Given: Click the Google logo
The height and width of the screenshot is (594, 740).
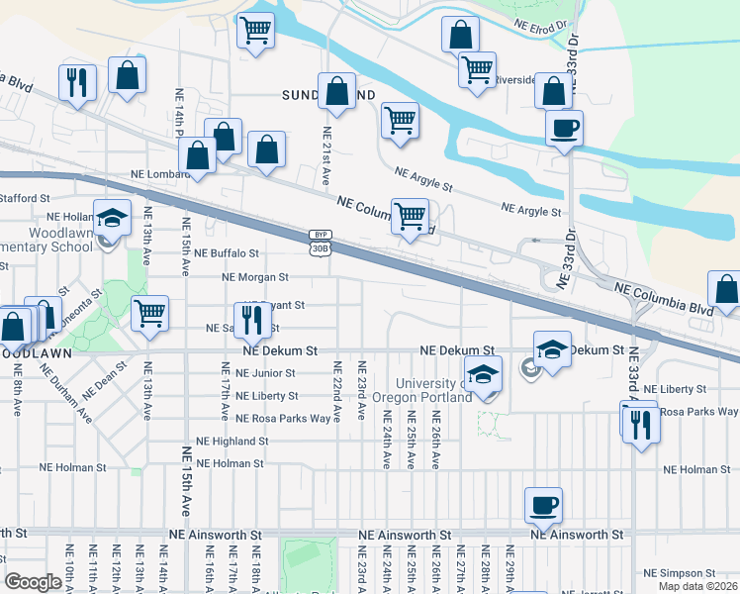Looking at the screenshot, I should click(x=34, y=582).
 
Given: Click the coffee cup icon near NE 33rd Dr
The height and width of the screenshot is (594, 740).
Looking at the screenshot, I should click(x=564, y=129).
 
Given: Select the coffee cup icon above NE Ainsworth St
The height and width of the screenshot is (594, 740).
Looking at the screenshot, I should click(x=543, y=506).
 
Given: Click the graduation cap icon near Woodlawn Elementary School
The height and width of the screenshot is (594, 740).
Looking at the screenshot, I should click(x=113, y=218).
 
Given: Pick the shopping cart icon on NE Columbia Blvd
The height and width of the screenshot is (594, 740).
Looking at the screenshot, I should click(x=410, y=215).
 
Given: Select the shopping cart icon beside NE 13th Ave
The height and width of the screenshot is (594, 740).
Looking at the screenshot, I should click(x=150, y=314).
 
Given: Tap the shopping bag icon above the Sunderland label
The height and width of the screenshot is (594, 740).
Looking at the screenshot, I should click(x=336, y=91).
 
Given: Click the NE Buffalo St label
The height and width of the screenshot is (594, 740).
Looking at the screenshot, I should click(x=227, y=253).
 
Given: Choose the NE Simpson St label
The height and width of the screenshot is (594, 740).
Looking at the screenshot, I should click(x=679, y=573).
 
